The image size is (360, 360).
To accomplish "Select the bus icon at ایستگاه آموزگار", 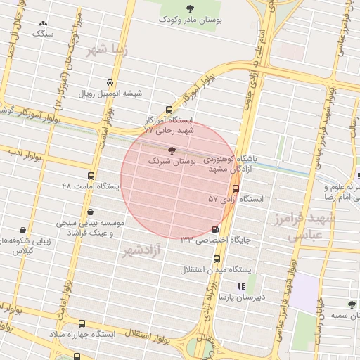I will click(x=168, y=109).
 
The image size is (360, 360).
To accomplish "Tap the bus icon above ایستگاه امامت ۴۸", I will click(x=91, y=176).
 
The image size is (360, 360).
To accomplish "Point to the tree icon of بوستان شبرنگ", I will click(x=173, y=150).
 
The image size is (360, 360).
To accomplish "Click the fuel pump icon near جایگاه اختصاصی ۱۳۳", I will click(x=214, y=229).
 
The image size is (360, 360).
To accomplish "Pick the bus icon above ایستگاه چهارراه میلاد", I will click(x=82, y=323).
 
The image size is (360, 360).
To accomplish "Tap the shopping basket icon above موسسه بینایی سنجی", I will click(x=89, y=210).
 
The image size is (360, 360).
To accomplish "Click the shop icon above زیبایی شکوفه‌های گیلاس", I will click(x=22, y=230).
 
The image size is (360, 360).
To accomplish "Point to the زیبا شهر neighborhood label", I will click(x=105, y=51).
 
